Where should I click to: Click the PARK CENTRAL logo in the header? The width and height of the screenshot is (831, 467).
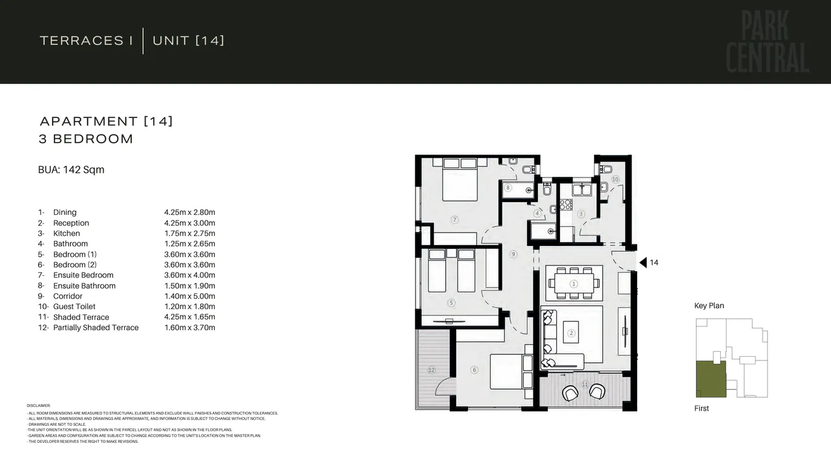pos(767,42)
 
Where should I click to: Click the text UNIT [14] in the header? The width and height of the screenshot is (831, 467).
pos(188,41)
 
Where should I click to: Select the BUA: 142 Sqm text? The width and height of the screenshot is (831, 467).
pos(71,170)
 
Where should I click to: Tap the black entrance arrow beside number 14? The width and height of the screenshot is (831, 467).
pos(643,262)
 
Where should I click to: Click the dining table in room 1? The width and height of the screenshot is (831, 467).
pos(574,283)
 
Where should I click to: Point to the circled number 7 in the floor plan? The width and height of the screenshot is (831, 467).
pos(454,220)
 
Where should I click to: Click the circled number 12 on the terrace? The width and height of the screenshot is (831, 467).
pos(431,369)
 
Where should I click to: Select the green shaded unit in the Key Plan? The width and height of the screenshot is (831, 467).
pos(711,379)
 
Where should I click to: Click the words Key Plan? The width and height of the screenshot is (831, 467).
pos(709,305)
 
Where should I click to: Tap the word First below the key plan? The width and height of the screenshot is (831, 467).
pos(701,408)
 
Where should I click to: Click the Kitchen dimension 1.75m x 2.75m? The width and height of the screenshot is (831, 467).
pos(189,233)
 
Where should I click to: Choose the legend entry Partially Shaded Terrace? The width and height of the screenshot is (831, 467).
pos(96,328)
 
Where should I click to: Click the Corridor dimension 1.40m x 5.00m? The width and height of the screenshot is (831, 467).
pos(189,296)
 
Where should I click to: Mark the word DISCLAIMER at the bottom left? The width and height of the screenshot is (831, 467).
pos(39,406)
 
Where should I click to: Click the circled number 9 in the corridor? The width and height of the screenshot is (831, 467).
pos(513,254)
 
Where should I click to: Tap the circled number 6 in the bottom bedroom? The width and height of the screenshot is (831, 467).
pos(474,370)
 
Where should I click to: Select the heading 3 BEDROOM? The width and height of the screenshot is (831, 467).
pos(86,139)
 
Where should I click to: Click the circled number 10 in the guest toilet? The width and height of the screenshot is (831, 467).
pos(614,179)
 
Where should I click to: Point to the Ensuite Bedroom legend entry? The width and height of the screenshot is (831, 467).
pos(83,275)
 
